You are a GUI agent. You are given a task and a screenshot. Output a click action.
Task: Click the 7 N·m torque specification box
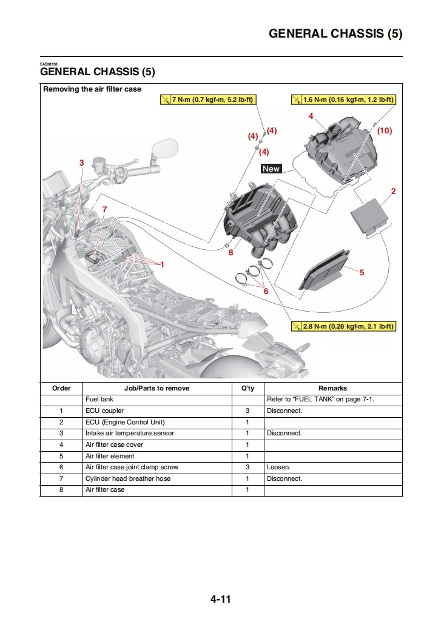pyautogui.click(x=207, y=99)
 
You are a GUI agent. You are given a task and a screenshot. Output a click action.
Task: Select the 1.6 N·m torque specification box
pyautogui.click(x=343, y=99)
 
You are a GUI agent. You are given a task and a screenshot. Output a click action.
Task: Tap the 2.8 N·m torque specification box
pyautogui.click(x=343, y=326)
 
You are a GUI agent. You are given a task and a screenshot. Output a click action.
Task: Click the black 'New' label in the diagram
pyautogui.click(x=271, y=169)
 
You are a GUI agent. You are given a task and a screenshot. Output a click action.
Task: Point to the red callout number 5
pyautogui.click(x=362, y=272)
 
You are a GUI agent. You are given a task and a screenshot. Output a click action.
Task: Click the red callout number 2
pyautogui.click(x=393, y=192)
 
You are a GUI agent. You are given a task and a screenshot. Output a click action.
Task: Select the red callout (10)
pyautogui.click(x=385, y=130)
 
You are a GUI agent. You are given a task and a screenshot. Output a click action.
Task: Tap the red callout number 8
pyautogui.click(x=230, y=252)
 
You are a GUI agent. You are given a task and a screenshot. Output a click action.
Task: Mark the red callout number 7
pyautogui.click(x=104, y=209)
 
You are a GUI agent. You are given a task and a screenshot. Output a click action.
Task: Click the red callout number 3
pyautogui.click(x=82, y=163)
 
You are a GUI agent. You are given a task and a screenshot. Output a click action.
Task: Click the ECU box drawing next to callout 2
pyautogui.click(x=372, y=215)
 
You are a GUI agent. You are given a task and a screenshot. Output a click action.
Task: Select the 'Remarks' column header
pyautogui.click(x=332, y=388)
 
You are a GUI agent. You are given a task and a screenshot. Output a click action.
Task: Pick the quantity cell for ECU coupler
pyautogui.click(x=247, y=411)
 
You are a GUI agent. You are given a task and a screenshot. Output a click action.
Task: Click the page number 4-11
pyautogui.click(x=221, y=600)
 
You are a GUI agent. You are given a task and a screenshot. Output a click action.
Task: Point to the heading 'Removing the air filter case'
pyautogui.click(x=92, y=89)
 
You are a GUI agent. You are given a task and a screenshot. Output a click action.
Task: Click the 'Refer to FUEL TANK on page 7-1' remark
pyautogui.click(x=332, y=400)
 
